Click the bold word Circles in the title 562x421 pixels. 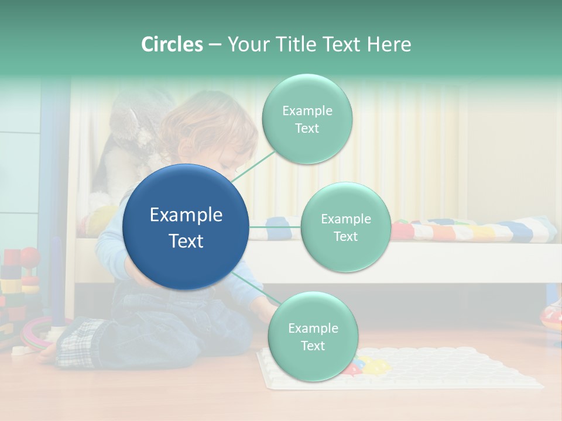(172, 44)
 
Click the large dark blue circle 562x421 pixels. (186, 227)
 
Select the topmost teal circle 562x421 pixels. (307, 119)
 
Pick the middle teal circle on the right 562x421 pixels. (346, 227)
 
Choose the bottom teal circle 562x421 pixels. (313, 336)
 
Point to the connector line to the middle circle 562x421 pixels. (275, 227)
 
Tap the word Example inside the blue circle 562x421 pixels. (186, 215)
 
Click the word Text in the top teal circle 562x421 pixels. (307, 129)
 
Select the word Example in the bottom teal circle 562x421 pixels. (313, 328)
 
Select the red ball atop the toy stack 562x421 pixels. (29, 256)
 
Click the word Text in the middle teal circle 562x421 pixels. (346, 236)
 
